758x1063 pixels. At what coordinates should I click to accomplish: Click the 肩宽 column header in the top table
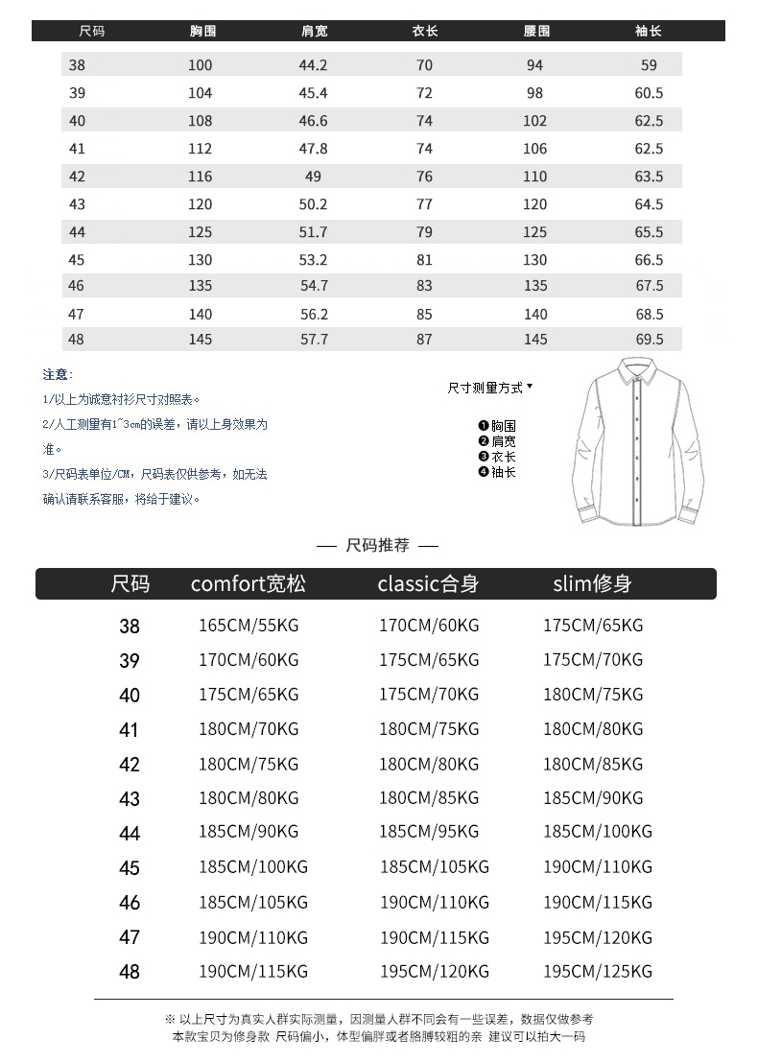[314, 32]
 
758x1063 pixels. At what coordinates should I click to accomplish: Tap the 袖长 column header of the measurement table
[649, 32]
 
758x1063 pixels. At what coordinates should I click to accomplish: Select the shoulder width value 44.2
[314, 65]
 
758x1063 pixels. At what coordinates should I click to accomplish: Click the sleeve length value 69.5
[649, 339]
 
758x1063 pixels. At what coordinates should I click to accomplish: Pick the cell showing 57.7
[314, 339]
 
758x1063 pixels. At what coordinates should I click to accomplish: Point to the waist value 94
[534, 65]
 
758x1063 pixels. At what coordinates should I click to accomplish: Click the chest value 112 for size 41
[200, 149]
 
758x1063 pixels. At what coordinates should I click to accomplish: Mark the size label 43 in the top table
[78, 204]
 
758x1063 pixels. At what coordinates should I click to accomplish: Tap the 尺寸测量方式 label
[486, 388]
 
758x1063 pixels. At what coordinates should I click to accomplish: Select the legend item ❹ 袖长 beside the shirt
[497, 472]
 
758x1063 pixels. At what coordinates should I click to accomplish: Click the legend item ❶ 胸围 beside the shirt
[497, 426]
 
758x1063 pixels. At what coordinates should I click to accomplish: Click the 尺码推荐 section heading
[377, 545]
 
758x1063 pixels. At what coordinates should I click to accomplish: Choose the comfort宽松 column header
[248, 583]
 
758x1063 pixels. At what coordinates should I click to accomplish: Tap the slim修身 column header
[592, 583]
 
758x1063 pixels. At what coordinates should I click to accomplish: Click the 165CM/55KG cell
[249, 626]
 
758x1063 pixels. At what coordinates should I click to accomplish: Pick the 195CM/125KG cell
[597, 972]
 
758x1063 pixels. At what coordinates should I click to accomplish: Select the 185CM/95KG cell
[429, 832]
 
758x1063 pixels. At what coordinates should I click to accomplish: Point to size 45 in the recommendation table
[130, 868]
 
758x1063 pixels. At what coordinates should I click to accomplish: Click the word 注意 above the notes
[57, 374]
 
